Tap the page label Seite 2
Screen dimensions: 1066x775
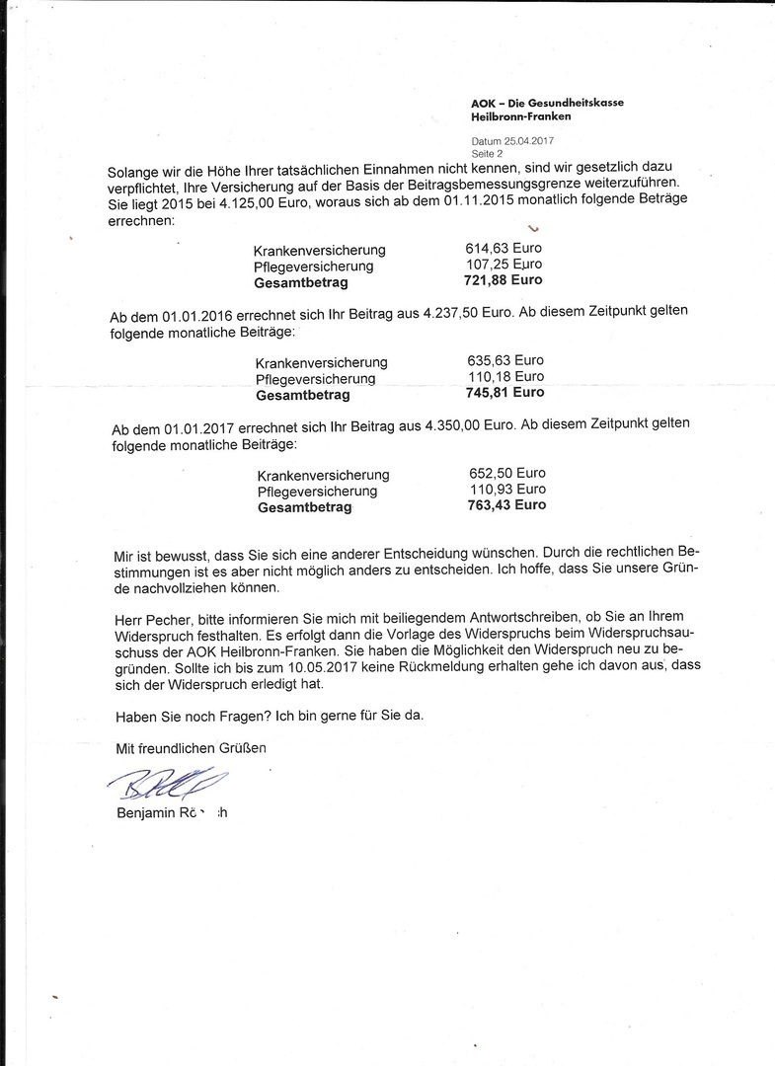pos(487,153)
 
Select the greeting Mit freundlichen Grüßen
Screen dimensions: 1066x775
pos(191,749)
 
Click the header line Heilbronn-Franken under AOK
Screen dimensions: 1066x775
pos(520,116)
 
